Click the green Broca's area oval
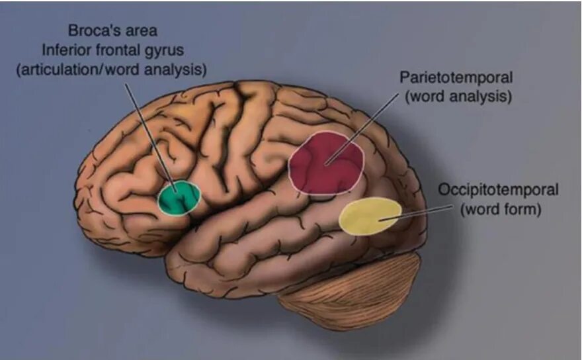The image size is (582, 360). point(179,198)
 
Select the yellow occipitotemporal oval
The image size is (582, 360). point(370,216)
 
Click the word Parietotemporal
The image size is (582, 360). point(456,78)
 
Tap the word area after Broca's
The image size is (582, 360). point(142,30)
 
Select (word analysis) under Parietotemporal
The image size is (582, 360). point(459,96)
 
